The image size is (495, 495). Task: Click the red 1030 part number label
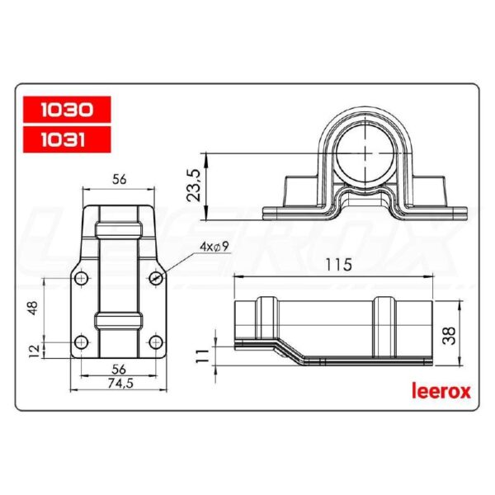tap(65, 108)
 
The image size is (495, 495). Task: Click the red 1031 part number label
tap(65, 139)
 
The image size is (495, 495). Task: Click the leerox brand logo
tap(441, 390)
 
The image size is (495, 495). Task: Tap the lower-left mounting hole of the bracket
tap(80, 342)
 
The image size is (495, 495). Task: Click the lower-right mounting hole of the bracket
tap(155, 342)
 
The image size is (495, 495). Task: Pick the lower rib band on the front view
tap(117, 319)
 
